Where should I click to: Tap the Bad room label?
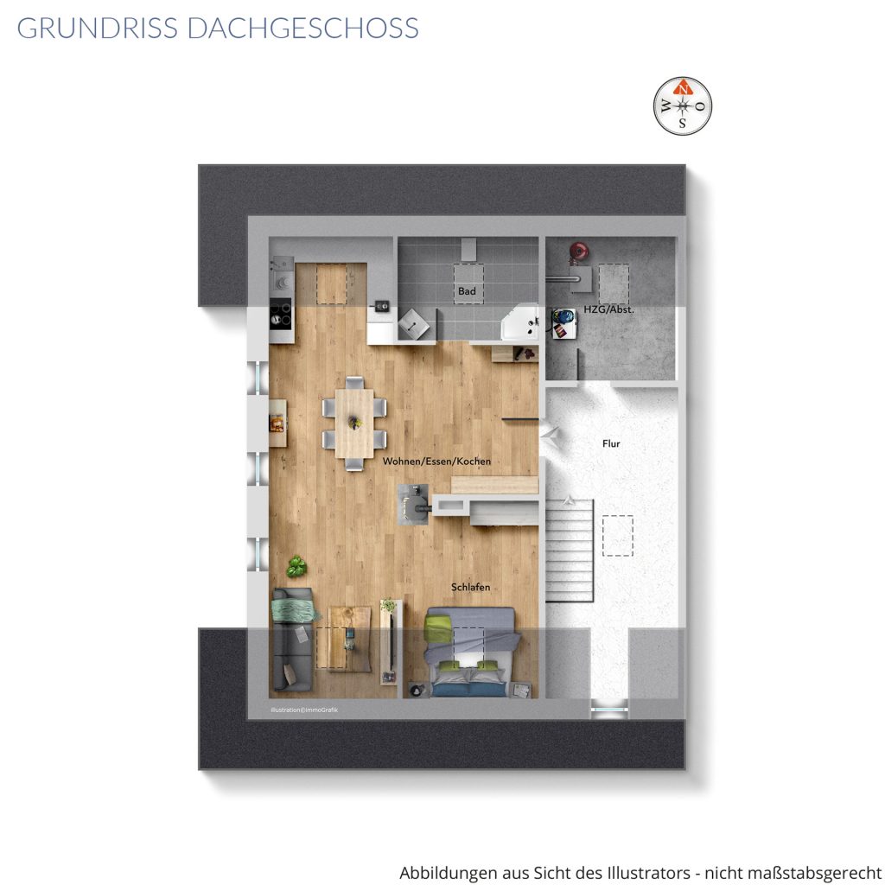pyautogui.click(x=467, y=291)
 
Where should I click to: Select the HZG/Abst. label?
pyautogui.click(x=609, y=309)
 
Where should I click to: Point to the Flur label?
pyautogui.click(x=611, y=443)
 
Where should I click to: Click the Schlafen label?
pyautogui.click(x=471, y=587)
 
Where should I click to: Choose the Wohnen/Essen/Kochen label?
pyautogui.click(x=436, y=462)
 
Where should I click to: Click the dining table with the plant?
pyautogui.click(x=354, y=423)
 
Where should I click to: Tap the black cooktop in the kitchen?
pyautogui.click(x=281, y=314)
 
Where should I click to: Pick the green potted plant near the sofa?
pyautogui.click(x=296, y=566)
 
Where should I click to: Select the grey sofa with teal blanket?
pyautogui.click(x=293, y=640)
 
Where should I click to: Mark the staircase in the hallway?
pyautogui.click(x=569, y=551)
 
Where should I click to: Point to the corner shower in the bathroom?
pyautogui.click(x=520, y=322)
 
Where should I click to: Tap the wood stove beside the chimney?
pyautogui.click(x=415, y=505)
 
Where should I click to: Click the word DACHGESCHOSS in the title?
pyautogui.click(x=303, y=29)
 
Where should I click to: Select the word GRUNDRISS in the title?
pyautogui.click(x=97, y=29)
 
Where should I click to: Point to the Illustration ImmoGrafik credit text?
pyautogui.click(x=304, y=710)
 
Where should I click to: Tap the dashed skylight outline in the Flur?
pyautogui.click(x=617, y=536)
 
